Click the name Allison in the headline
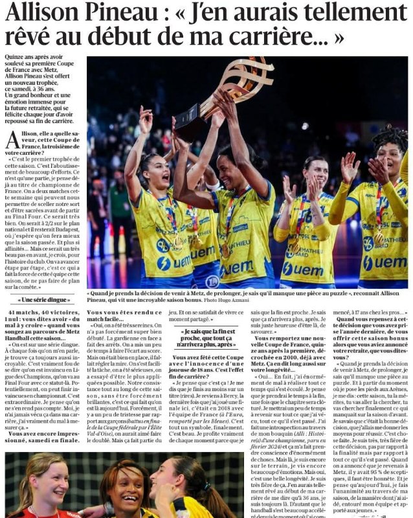coord(40,12)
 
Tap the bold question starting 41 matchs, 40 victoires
coord(43,322)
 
